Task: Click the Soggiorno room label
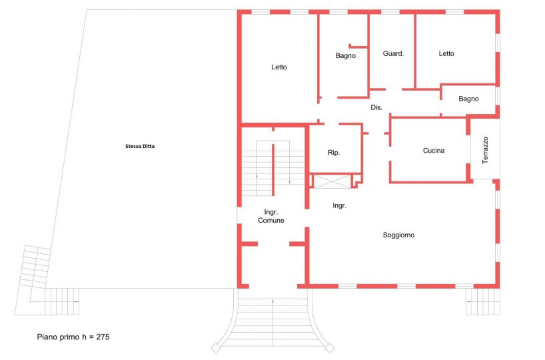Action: [398, 235]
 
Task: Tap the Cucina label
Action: [434, 151]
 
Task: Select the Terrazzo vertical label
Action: [485, 150]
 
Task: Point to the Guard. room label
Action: [393, 53]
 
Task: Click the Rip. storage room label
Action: [334, 153]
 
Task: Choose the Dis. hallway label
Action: [376, 108]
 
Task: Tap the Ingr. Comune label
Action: [271, 216]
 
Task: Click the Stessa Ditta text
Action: [140, 147]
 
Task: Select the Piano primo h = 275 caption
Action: [73, 337]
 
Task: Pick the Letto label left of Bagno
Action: [278, 67]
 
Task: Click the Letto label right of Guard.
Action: [446, 53]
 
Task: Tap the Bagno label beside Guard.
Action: [346, 55]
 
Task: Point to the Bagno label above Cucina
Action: [468, 99]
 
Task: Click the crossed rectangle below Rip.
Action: [332, 181]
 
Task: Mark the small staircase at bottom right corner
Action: [483, 301]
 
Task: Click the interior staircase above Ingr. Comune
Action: [273, 168]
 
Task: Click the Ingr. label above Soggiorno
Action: [339, 206]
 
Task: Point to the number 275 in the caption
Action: [103, 337]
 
